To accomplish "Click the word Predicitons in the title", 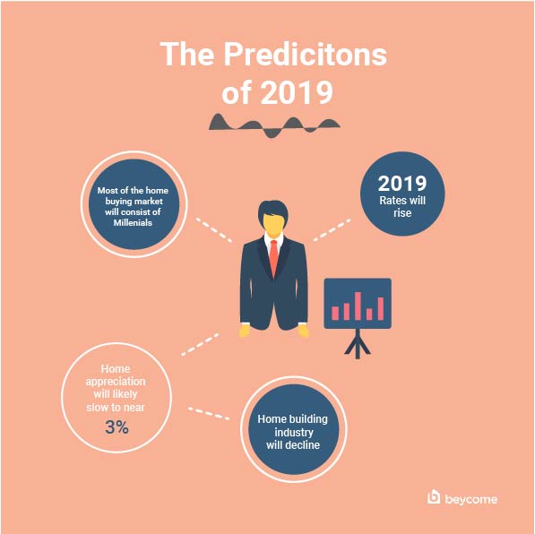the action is (x=306, y=54).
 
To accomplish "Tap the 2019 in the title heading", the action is (x=297, y=92).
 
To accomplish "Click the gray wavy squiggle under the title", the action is (x=274, y=125).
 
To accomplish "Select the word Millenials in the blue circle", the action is (x=133, y=223).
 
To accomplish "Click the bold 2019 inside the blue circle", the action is (x=402, y=184).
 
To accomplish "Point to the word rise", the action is (x=402, y=213).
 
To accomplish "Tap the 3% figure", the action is (x=116, y=427).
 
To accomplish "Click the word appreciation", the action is (x=116, y=382).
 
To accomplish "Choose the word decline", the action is (x=303, y=445).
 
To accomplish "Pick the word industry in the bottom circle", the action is (x=294, y=433).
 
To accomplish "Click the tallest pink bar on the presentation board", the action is (x=358, y=306).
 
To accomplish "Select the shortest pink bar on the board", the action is (x=369, y=314).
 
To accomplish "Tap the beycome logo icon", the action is (x=434, y=497).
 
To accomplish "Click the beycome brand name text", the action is (x=471, y=499).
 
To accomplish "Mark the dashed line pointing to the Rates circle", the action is (x=332, y=230).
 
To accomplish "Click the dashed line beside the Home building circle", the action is (x=209, y=413).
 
